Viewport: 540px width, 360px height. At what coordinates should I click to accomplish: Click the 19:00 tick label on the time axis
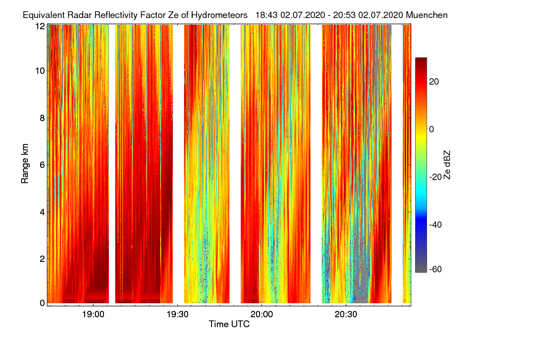pos(93,315)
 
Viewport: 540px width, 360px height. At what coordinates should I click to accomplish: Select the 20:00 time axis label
pos(261,315)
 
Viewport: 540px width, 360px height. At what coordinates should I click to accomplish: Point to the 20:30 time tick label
pos(346,315)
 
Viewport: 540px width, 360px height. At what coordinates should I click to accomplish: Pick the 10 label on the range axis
pos(40,71)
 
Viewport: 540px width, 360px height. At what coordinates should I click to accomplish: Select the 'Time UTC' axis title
pos(229,324)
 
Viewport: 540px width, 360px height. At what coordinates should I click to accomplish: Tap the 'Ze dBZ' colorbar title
pos(447,165)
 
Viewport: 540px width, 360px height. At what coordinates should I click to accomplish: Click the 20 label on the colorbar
pos(434,81)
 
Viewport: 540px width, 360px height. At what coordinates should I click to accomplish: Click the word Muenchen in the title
pos(427,15)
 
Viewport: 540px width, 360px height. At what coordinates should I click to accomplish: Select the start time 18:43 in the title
pos(266,15)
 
